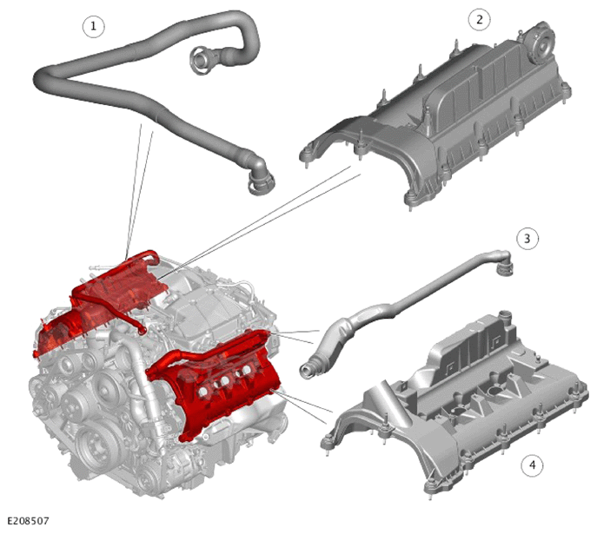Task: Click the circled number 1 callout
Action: click(93, 26)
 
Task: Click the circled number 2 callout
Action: click(480, 19)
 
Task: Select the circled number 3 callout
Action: click(527, 239)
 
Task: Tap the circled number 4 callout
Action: click(533, 465)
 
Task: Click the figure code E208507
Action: click(28, 521)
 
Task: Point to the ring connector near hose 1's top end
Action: click(202, 60)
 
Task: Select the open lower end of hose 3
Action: click(308, 370)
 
